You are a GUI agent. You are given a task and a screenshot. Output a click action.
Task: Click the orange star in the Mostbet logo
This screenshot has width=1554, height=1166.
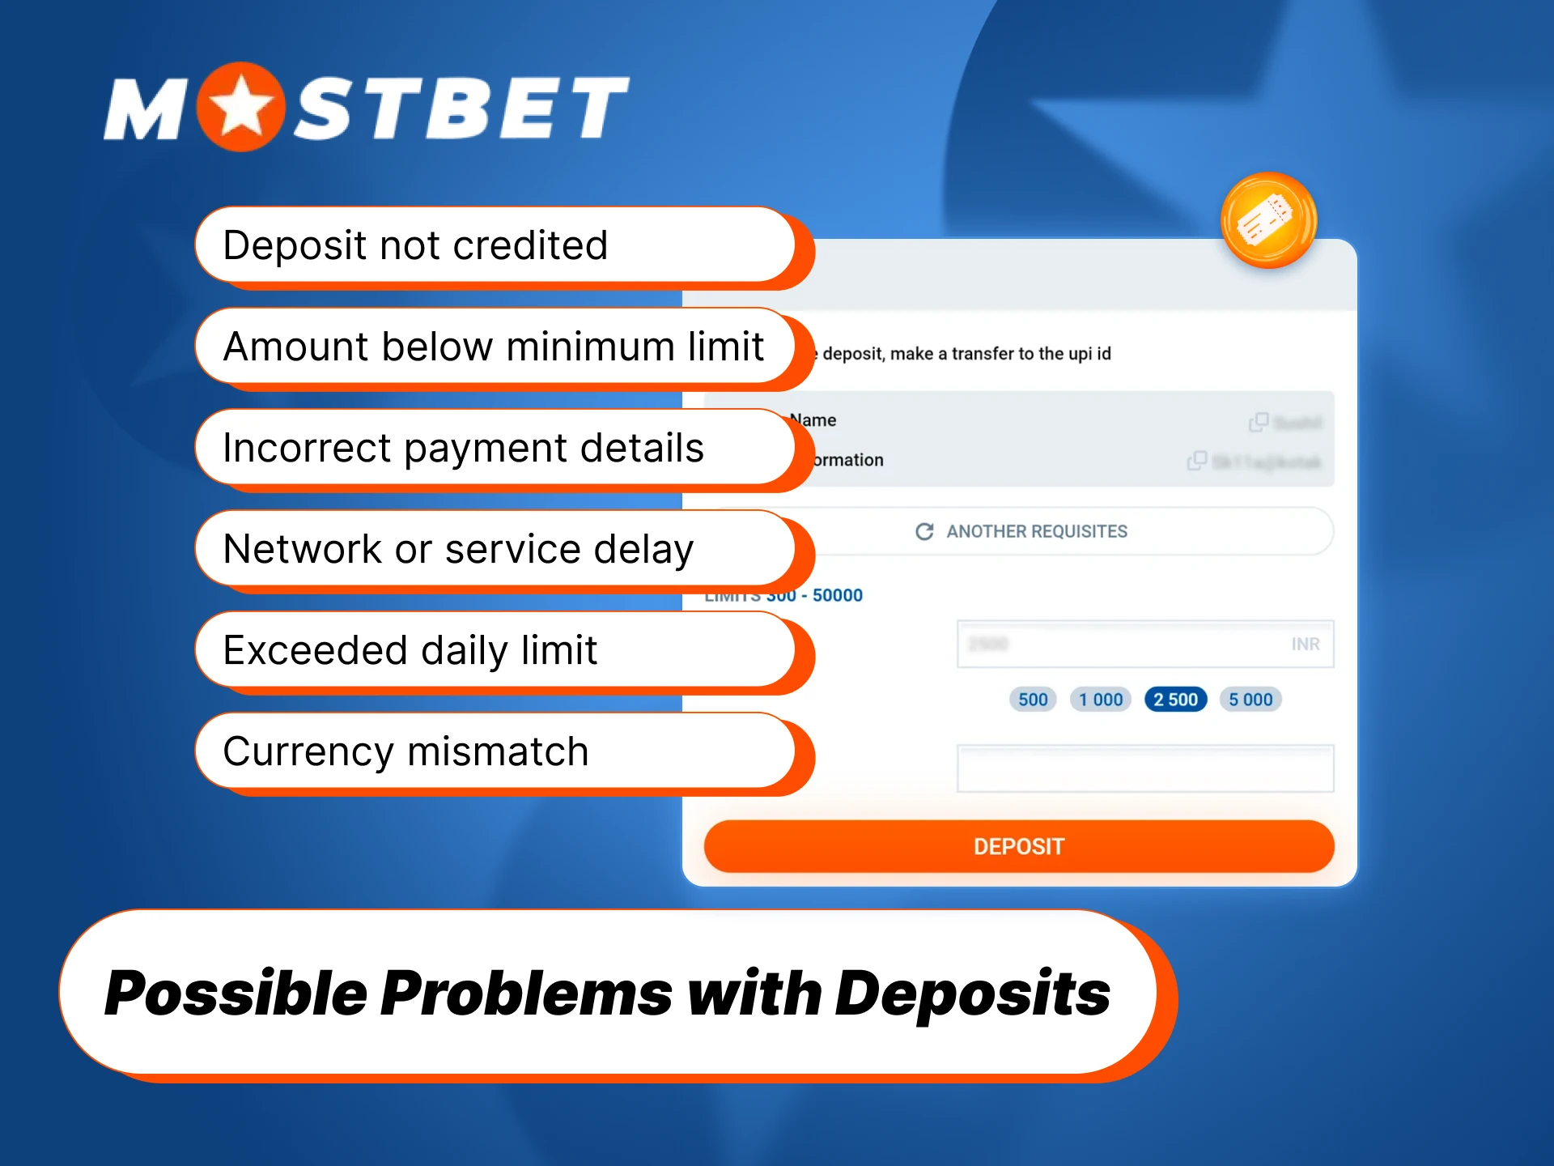click(240, 107)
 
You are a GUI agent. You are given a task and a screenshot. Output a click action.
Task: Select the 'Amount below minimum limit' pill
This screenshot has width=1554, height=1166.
click(494, 347)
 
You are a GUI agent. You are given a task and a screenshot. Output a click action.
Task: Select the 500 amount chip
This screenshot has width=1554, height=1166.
click(1033, 700)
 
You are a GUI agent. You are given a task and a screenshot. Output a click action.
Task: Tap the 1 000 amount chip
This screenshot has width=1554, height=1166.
click(1101, 700)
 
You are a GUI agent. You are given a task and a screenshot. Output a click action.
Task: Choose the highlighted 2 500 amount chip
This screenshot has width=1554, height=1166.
click(1175, 700)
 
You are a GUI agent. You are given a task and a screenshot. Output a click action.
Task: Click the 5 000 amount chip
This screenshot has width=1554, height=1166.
click(1250, 700)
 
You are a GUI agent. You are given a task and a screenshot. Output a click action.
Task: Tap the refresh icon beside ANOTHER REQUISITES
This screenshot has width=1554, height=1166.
click(924, 531)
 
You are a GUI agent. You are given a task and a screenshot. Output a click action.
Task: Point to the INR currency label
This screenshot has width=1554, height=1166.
click(1306, 645)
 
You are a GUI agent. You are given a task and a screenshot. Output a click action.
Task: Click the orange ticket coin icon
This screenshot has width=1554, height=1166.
click(1268, 220)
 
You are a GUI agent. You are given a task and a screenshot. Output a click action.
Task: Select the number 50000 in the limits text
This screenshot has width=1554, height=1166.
click(838, 596)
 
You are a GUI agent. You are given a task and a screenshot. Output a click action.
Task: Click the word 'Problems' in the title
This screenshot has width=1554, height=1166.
click(527, 994)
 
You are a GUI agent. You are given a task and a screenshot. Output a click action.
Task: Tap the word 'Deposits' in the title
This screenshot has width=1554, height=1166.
click(972, 994)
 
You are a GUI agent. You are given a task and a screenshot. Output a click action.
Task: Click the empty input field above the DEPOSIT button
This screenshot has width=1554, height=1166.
click(1145, 768)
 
